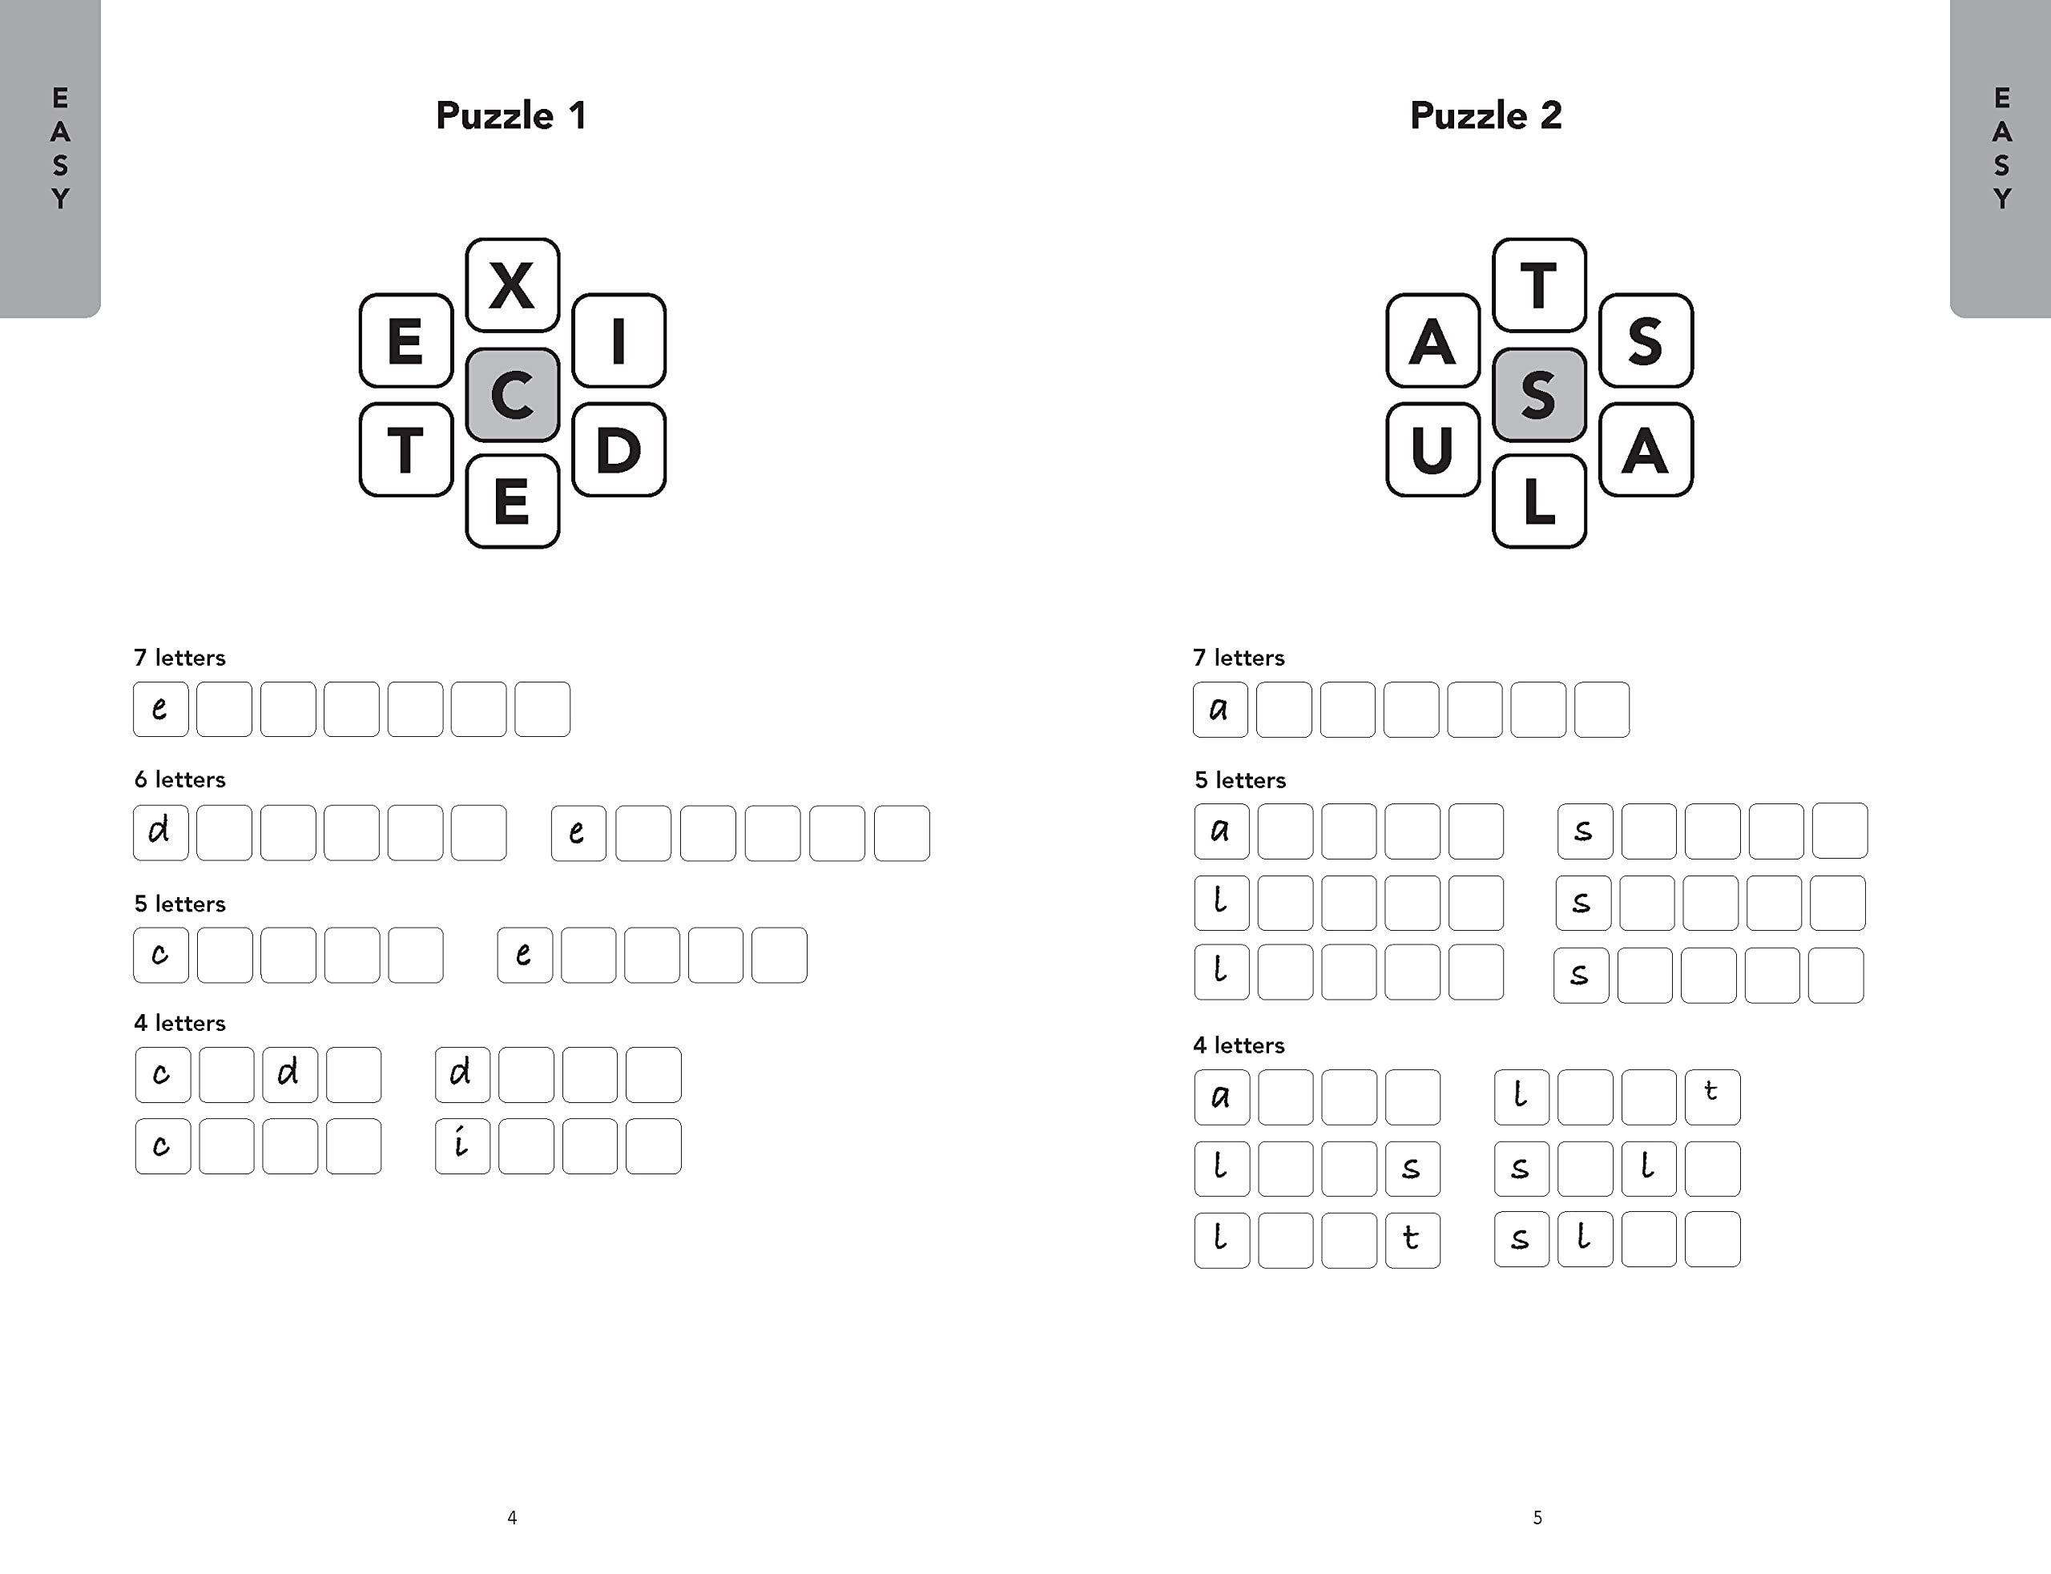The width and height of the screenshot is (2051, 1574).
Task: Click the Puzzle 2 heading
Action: [x=1485, y=116]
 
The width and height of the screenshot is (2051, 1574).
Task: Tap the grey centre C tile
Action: [x=513, y=394]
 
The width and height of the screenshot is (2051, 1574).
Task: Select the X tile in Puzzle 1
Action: [x=513, y=285]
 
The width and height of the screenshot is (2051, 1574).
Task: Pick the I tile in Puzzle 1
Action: [x=619, y=340]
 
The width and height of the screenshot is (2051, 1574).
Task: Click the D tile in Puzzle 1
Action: [x=619, y=449]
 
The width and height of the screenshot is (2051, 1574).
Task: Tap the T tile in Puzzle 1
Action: [x=405, y=449]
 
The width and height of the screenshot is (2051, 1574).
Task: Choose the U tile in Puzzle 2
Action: [x=1432, y=449]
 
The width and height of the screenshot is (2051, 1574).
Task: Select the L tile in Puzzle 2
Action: [x=1538, y=501]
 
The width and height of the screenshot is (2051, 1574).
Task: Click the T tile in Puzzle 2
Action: [x=1538, y=285]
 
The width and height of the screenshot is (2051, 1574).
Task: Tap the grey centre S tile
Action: [x=1538, y=394]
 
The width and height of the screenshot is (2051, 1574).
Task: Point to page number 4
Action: [x=512, y=1517]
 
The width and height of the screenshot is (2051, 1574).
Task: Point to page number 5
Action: [x=1537, y=1517]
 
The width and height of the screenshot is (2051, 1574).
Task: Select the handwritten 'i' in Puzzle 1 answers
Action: [x=461, y=1145]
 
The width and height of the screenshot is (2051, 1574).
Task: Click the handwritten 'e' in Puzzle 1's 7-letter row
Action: [x=160, y=709]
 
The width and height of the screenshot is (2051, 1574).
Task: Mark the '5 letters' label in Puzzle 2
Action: [x=1239, y=780]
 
